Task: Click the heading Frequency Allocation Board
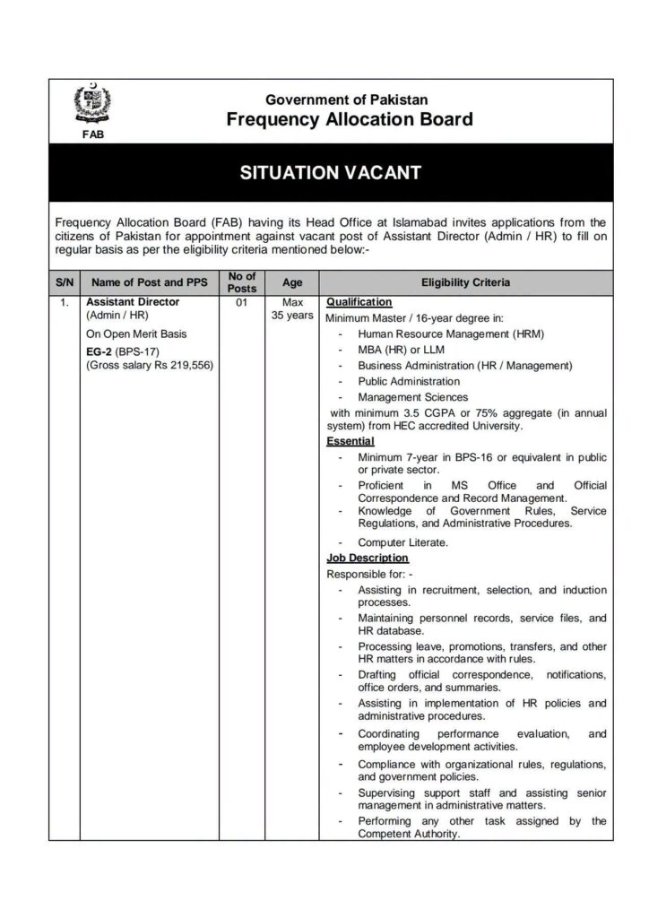tap(350, 119)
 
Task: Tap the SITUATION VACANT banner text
tap(330, 173)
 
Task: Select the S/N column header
tap(65, 282)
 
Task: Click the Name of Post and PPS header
tap(150, 282)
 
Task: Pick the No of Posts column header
tap(242, 282)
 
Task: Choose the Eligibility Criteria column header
tap(465, 282)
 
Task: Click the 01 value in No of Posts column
tap(242, 303)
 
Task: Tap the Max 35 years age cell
tap(292, 309)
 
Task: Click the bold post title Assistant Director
tap(133, 302)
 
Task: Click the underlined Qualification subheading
tap(359, 302)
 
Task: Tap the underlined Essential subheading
tap(350, 441)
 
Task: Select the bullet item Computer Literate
tap(402, 542)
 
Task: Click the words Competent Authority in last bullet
tap(409, 834)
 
